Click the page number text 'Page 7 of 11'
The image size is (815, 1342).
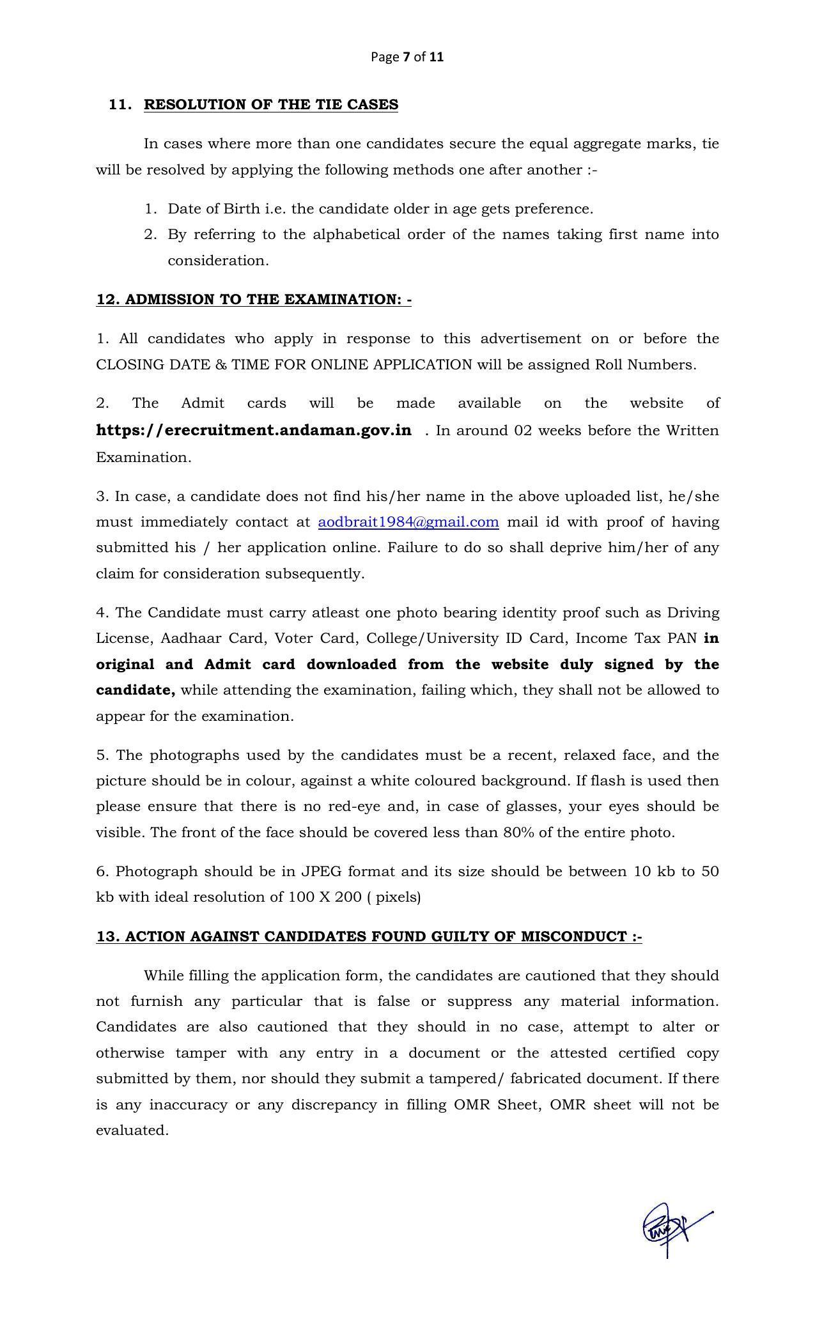407,57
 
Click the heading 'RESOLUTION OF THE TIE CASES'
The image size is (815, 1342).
271,105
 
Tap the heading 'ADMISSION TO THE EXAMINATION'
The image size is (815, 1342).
254,300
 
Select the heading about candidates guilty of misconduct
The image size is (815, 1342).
369,937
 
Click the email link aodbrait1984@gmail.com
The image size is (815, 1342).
408,522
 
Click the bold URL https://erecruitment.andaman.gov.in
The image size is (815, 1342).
254,430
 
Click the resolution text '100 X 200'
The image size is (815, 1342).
324,897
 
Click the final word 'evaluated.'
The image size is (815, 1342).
132,1130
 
